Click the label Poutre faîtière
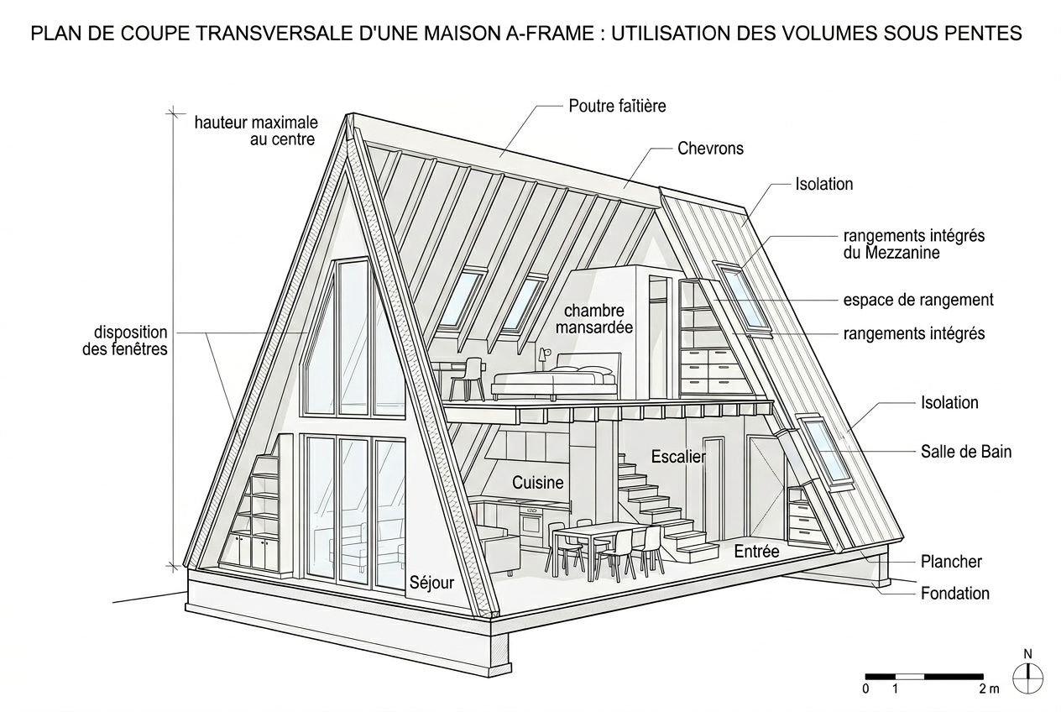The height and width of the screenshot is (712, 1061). pyautogui.click(x=617, y=106)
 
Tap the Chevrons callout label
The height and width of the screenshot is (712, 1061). pyautogui.click(x=710, y=149)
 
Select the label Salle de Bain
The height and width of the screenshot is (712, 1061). pyautogui.click(x=966, y=452)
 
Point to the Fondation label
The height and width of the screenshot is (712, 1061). pyautogui.click(x=954, y=594)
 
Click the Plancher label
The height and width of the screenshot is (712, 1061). pyautogui.click(x=951, y=562)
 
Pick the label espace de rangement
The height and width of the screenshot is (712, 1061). pyautogui.click(x=918, y=300)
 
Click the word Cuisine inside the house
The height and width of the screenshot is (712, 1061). pyautogui.click(x=538, y=483)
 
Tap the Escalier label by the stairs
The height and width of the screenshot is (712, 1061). pyautogui.click(x=678, y=457)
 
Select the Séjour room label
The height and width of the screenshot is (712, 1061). pyautogui.click(x=431, y=582)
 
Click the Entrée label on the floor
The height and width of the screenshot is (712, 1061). pyautogui.click(x=756, y=552)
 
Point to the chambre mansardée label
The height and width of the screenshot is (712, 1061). pyautogui.click(x=594, y=319)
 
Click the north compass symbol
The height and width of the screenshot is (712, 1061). pyautogui.click(x=1027, y=676)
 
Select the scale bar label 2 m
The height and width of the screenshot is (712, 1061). pyautogui.click(x=989, y=689)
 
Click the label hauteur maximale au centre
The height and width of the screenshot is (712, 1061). pyautogui.click(x=255, y=131)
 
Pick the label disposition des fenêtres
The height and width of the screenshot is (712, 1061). pyautogui.click(x=125, y=341)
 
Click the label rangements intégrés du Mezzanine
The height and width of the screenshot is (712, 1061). pyautogui.click(x=913, y=243)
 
